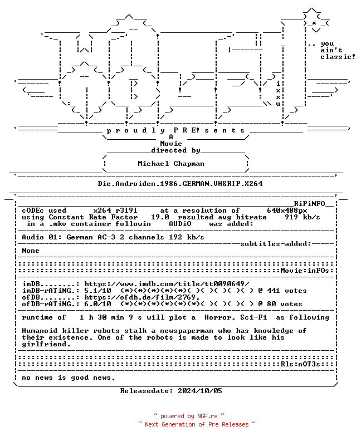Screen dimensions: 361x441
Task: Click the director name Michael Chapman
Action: point(171,164)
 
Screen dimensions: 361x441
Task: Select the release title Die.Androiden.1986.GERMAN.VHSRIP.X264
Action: point(180,184)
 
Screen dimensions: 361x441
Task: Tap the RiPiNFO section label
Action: point(310,204)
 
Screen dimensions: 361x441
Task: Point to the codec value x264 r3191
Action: point(115,210)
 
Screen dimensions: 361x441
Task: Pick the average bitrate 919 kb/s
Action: point(302,217)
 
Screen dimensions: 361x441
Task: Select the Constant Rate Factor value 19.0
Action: point(160,217)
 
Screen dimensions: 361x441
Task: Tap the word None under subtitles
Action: point(31,251)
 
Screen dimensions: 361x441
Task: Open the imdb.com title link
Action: point(167,284)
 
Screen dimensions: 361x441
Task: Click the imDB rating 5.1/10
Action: point(97,291)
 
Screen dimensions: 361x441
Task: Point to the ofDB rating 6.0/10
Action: point(97,304)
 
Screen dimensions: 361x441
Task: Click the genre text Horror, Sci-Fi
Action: point(236,317)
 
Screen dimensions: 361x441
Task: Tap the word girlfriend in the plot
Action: point(45,344)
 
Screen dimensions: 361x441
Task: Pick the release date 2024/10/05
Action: point(200,391)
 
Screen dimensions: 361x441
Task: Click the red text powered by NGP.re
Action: point(189,416)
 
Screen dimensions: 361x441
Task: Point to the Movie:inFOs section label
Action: point(305,271)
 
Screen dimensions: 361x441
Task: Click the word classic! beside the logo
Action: point(338,57)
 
